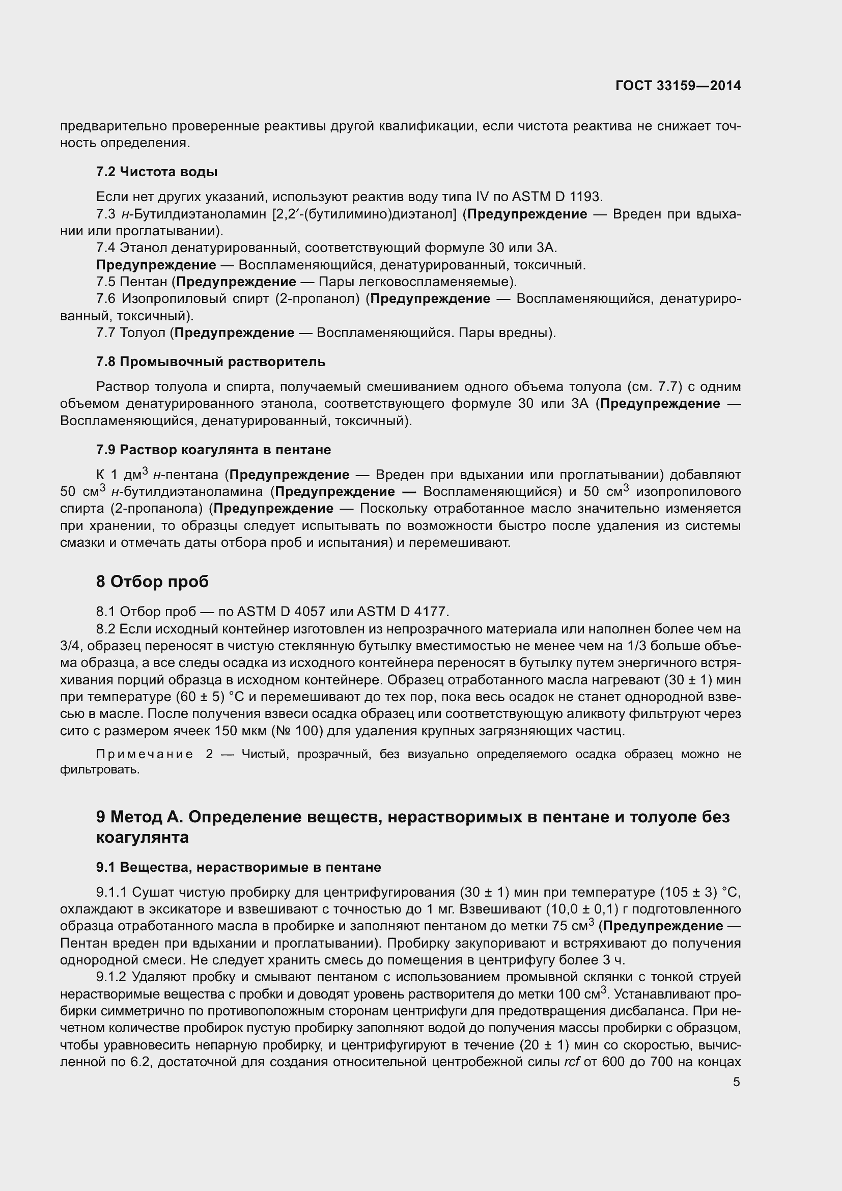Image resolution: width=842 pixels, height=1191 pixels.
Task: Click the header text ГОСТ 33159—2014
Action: click(x=678, y=86)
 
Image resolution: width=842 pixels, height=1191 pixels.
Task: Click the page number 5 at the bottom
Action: click(x=736, y=1082)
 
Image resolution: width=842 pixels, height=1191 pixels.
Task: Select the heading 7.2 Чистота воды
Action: click(x=157, y=172)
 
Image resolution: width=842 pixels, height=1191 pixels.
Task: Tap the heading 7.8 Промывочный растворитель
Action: click(x=211, y=362)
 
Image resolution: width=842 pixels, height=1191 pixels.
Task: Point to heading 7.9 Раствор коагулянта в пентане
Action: click(x=213, y=449)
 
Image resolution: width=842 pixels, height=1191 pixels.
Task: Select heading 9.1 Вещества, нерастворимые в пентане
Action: click(x=238, y=867)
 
